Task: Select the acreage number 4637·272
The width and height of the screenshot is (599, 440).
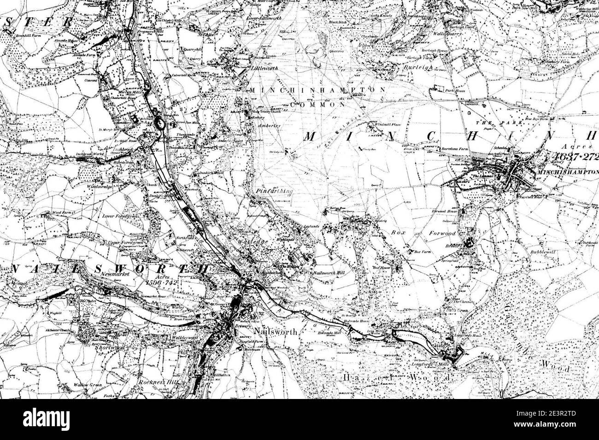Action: pyautogui.click(x=573, y=157)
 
